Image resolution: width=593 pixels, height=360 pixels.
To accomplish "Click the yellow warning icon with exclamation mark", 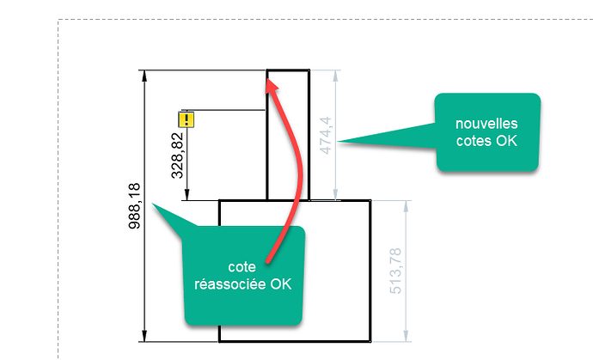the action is click(186, 119).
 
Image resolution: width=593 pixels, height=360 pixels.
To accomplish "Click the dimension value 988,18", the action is click(134, 206).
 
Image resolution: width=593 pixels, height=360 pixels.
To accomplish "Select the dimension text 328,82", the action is click(177, 156).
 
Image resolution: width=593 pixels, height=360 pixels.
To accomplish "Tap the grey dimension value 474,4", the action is click(325, 136).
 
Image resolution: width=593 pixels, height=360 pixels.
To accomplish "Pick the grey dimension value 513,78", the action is click(395, 271).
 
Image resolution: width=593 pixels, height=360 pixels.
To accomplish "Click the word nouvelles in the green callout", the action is click(486, 124).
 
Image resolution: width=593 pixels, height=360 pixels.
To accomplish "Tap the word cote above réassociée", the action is click(242, 267).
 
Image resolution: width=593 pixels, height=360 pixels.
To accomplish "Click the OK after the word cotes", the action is click(507, 141).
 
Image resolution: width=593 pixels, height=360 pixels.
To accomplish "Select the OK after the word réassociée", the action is click(281, 284).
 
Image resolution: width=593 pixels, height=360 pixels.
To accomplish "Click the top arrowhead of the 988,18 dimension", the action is click(144, 76).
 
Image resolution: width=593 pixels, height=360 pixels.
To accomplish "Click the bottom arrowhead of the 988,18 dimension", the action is click(144, 336).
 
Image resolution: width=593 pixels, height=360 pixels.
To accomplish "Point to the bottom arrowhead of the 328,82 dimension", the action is click(186, 195).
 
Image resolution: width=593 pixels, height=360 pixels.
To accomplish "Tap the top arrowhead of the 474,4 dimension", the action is click(335, 76).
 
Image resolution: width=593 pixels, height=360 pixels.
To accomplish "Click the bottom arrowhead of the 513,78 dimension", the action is click(406, 336).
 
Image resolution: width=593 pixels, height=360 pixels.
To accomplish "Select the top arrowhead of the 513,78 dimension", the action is click(406, 206).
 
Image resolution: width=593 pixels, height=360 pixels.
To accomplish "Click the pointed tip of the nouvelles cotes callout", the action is click(338, 142).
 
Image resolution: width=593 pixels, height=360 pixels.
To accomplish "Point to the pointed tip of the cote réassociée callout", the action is click(152, 204).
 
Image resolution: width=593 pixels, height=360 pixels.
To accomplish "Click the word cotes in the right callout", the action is click(474, 141).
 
